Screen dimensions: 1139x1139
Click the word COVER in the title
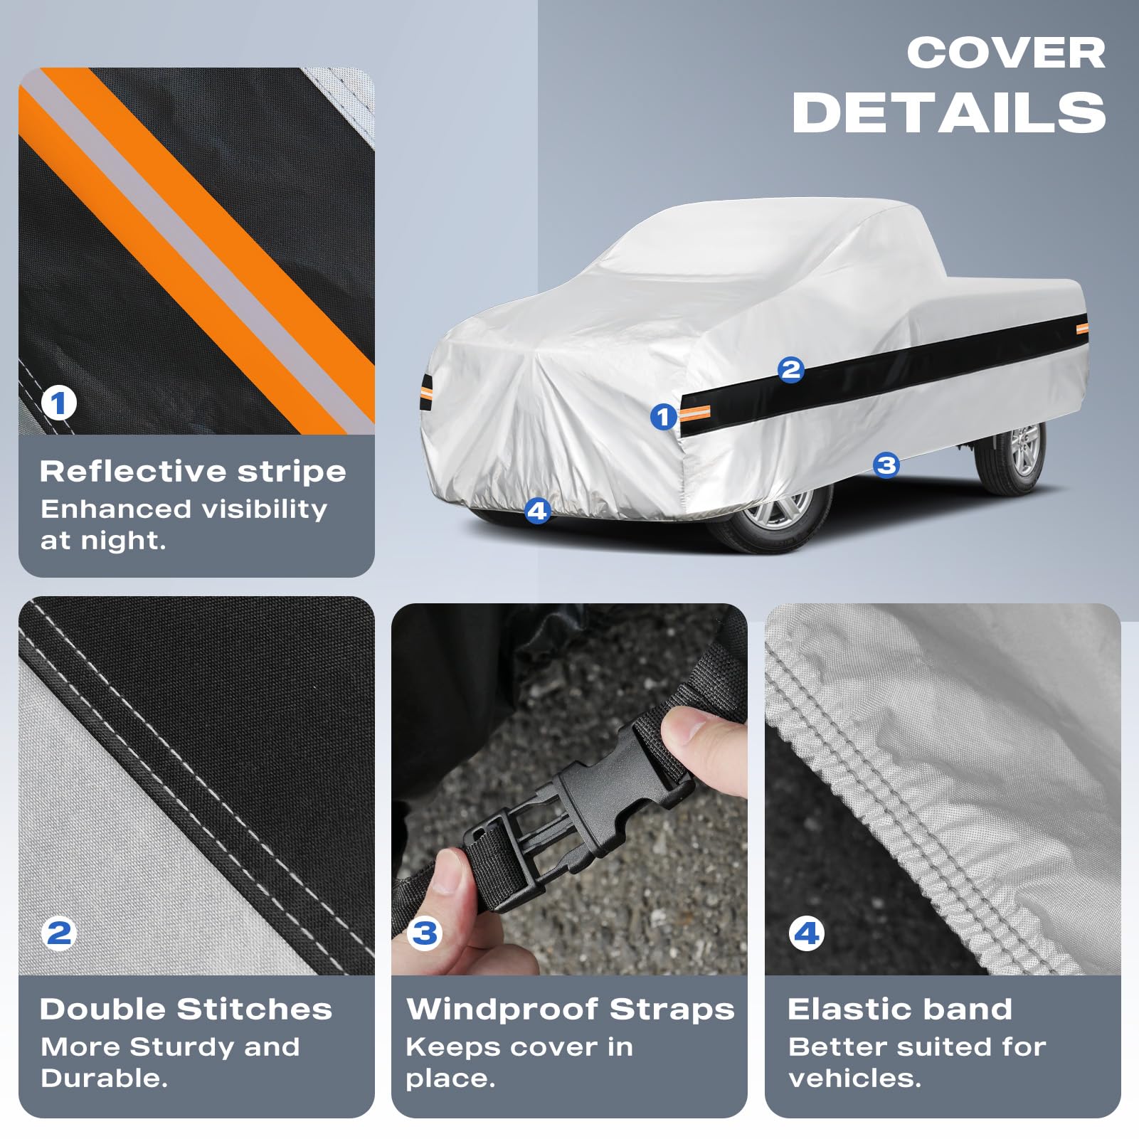click(x=1006, y=53)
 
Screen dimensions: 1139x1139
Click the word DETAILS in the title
click(x=949, y=112)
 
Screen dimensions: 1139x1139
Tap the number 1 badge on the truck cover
click(x=664, y=417)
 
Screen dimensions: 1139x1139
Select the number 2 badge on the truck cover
click(x=790, y=370)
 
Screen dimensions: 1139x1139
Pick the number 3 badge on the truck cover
click(x=886, y=465)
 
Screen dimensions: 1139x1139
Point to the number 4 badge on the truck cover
click(x=537, y=511)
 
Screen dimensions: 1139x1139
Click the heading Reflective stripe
click(x=193, y=471)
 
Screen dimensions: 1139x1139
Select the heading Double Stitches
click(x=186, y=1009)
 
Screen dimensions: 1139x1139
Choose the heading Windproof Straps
click(x=571, y=1010)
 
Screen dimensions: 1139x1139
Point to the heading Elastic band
click(x=900, y=1009)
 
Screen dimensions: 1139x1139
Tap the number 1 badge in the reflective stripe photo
click(x=58, y=403)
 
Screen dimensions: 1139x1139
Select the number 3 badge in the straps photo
click(x=425, y=933)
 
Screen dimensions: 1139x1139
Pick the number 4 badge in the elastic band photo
click(x=807, y=933)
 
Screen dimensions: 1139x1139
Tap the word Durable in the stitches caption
click(x=104, y=1078)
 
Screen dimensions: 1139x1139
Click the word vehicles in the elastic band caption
click(x=854, y=1078)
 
